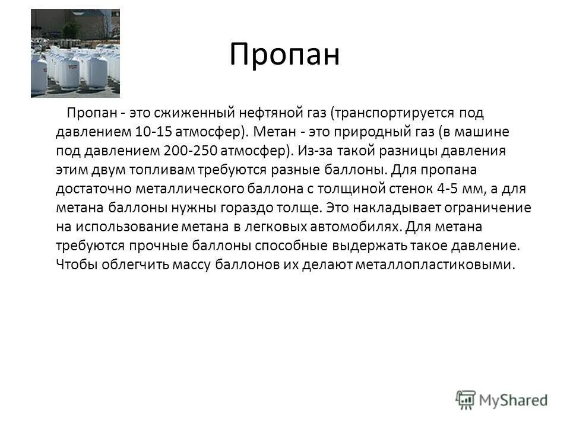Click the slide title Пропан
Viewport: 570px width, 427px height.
tap(284, 56)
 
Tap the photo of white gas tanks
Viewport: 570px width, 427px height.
tap(75, 53)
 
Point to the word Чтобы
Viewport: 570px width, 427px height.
tap(77, 265)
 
